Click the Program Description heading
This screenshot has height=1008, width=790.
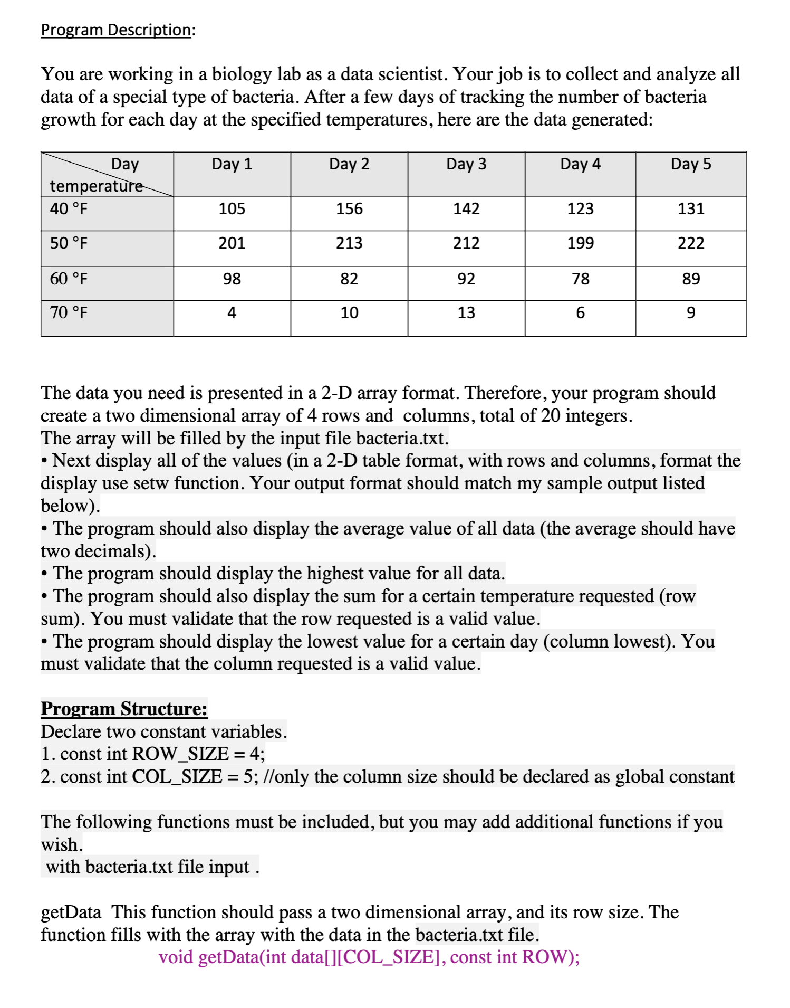[x=116, y=30]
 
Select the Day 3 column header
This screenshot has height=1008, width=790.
[x=466, y=164]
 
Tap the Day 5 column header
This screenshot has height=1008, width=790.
[x=691, y=164]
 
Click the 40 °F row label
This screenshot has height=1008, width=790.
[x=69, y=209]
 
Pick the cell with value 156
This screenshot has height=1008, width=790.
[x=349, y=209]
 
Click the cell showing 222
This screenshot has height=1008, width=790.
[x=691, y=243]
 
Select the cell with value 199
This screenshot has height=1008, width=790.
[x=580, y=243]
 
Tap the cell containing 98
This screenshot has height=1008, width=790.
[x=232, y=279]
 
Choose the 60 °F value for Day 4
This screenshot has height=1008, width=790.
[x=580, y=279]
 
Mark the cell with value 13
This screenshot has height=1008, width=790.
[x=466, y=313]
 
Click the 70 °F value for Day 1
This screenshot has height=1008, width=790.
[x=232, y=313]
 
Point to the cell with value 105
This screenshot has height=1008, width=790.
[x=232, y=209]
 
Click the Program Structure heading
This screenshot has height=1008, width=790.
[x=124, y=709]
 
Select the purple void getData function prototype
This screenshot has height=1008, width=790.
[x=369, y=957]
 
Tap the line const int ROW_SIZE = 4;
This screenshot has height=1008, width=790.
[x=153, y=754]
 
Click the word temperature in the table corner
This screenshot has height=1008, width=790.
[x=96, y=186]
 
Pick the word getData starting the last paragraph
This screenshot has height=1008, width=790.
[x=71, y=912]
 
